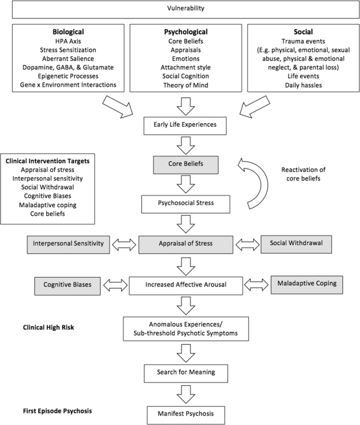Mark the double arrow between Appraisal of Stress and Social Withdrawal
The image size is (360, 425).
click(x=246, y=244)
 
